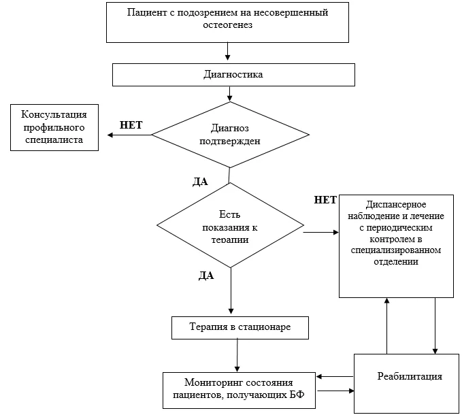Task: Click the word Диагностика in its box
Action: (233, 74)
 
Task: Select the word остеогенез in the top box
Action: (227, 24)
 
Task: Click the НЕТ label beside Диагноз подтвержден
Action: (131, 125)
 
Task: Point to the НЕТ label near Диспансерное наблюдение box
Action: (325, 200)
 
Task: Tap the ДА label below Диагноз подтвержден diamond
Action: (200, 182)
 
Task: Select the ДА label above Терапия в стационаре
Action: (206, 276)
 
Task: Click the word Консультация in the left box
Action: (54, 114)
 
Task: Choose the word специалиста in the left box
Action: (54, 139)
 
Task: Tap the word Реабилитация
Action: (410, 376)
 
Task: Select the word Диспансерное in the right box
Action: (396, 204)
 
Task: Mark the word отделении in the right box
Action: (396, 261)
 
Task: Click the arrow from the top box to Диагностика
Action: (227, 51)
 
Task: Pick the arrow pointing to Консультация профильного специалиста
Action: (129, 135)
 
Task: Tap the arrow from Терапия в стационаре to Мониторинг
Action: (237, 356)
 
